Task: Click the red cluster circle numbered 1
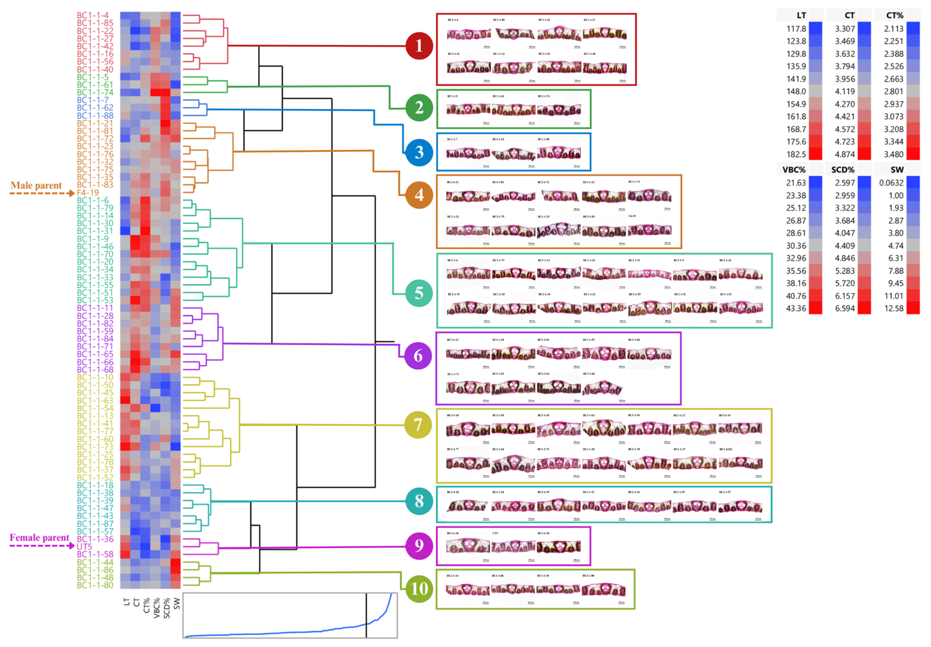point(419,46)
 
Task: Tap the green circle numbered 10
point(419,588)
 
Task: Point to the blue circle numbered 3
point(419,152)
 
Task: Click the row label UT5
point(84,546)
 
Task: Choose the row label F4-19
point(88,193)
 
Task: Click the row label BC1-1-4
point(93,15)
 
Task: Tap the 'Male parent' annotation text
point(36,185)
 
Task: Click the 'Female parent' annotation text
point(39,537)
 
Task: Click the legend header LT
point(801,15)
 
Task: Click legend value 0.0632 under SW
point(891,183)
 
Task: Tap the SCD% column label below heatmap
point(167,608)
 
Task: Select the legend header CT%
point(895,15)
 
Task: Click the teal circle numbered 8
point(419,501)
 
